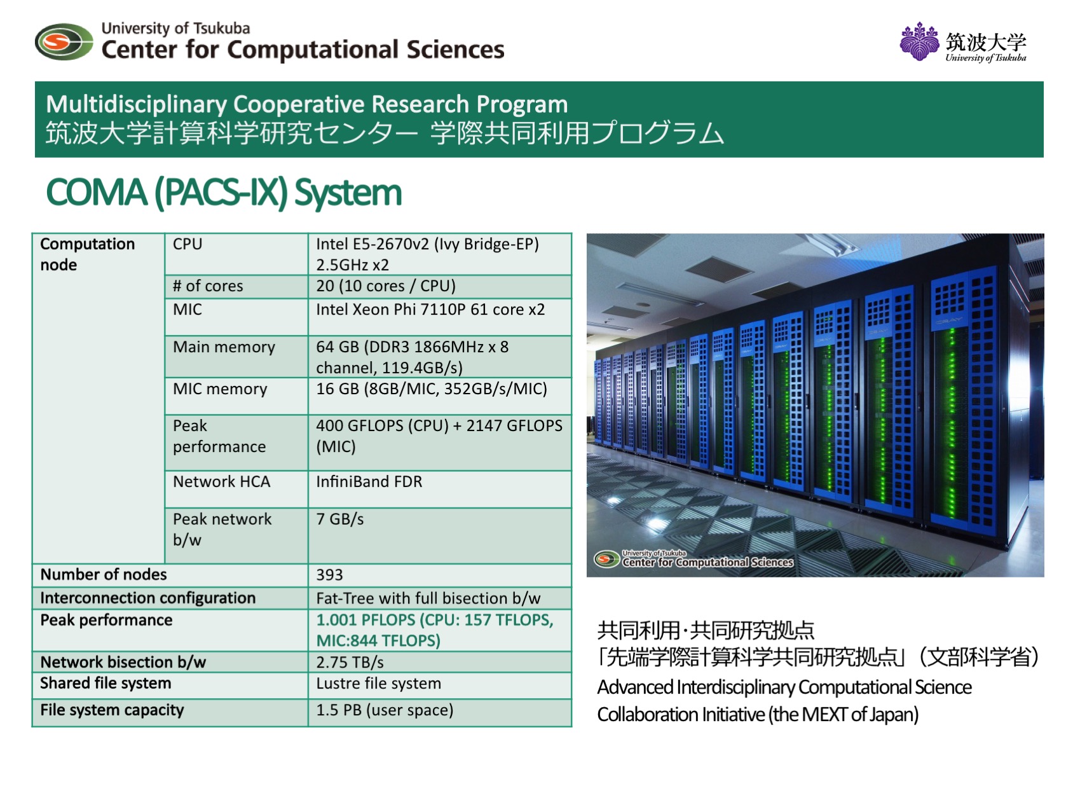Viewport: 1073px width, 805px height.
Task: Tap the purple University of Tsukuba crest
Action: tap(919, 41)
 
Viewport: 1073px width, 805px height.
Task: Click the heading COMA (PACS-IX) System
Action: tap(224, 193)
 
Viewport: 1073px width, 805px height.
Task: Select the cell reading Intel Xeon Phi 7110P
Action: tap(430, 310)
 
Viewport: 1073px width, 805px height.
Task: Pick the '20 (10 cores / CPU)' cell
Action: tap(386, 286)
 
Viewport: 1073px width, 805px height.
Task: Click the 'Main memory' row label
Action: tap(224, 347)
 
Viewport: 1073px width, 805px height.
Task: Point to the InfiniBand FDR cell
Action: tap(369, 482)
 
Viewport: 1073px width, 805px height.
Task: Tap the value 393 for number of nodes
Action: tap(329, 575)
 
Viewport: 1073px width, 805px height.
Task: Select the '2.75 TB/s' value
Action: tap(350, 663)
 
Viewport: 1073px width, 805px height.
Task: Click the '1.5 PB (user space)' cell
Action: tap(385, 710)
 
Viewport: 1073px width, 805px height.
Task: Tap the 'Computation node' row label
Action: tap(88, 254)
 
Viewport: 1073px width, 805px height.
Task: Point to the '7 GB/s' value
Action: tap(340, 519)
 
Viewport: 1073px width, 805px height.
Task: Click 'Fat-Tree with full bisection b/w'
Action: tap(428, 598)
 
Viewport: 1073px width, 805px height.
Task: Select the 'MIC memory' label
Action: tap(220, 389)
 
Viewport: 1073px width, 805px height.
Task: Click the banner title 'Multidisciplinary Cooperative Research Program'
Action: tap(307, 104)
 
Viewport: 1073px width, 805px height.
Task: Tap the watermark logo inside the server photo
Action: tap(694, 558)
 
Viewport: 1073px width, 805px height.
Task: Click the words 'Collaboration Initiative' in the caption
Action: tap(681, 715)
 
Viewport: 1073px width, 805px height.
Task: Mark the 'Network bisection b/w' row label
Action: tap(123, 663)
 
